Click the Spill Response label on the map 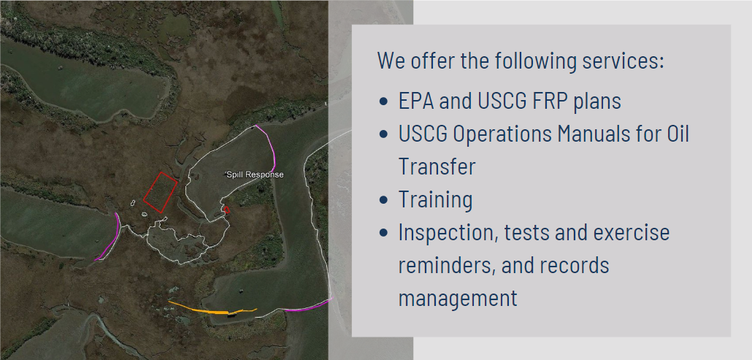pyautogui.click(x=255, y=175)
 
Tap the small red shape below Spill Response pyautogui.click(x=226, y=210)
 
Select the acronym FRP pyautogui.click(x=545, y=102)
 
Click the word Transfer pyautogui.click(x=437, y=166)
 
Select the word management pyautogui.click(x=458, y=299)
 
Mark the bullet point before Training pyautogui.click(x=383, y=200)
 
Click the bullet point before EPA pyautogui.click(x=383, y=102)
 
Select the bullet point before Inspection pyautogui.click(x=383, y=233)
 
